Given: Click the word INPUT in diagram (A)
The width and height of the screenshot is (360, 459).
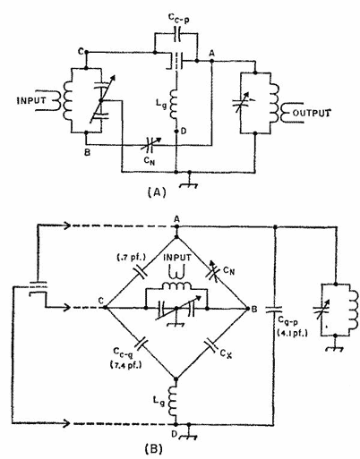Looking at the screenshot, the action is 31,100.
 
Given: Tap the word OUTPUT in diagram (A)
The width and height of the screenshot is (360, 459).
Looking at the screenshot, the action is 312,113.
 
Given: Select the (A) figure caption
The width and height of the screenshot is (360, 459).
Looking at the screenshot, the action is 157,192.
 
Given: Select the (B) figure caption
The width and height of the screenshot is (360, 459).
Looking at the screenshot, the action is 154,449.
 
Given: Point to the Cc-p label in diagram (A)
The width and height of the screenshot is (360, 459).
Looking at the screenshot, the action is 179,18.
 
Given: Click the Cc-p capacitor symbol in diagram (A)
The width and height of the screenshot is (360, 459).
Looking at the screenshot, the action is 177,34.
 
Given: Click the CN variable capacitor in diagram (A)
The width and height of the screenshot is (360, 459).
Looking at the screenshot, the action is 150,144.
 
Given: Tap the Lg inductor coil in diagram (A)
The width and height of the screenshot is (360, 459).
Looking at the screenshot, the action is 174,104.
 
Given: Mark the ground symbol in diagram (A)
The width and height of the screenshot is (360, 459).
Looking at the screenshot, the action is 189,183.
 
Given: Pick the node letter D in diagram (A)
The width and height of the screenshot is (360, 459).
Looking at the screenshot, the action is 184,132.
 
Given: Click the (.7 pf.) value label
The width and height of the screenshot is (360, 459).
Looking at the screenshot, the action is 132,257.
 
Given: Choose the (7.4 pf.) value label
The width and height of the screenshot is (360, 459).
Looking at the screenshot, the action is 124,365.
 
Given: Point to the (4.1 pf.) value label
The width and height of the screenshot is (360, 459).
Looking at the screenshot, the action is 293,333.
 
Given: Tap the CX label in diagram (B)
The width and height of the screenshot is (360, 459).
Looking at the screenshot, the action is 226,353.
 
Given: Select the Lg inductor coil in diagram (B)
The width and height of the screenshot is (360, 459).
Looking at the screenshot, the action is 174,401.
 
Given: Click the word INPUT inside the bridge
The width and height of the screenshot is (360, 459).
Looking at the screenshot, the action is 177,257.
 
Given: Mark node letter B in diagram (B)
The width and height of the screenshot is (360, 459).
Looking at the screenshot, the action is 254,309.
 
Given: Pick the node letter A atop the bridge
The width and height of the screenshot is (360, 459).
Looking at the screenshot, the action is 176,219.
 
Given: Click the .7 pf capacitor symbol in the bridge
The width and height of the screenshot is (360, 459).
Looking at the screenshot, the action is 141,272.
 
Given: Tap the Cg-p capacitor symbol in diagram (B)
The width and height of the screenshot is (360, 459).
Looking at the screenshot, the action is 274,310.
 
